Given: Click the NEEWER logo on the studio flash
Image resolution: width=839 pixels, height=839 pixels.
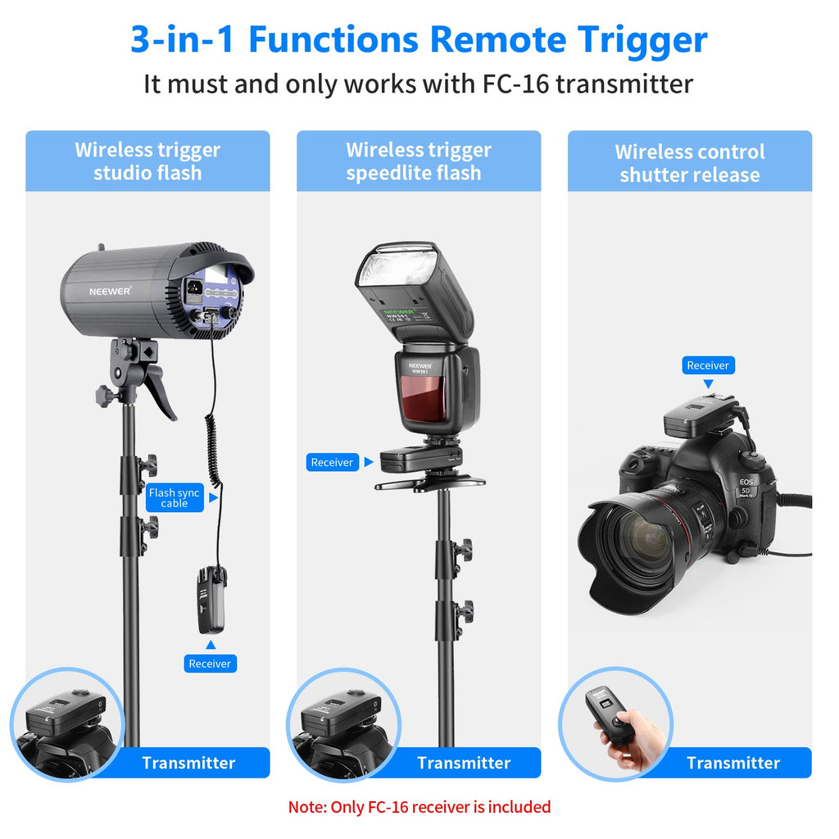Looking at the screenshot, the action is [x=111, y=291].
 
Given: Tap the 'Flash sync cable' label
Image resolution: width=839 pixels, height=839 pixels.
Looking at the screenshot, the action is [x=175, y=498].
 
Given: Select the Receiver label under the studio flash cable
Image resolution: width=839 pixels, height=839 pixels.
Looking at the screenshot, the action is [x=210, y=664].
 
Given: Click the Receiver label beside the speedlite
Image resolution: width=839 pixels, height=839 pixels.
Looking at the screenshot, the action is [x=332, y=462].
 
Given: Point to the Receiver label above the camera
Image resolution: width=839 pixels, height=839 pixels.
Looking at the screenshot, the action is [x=708, y=365].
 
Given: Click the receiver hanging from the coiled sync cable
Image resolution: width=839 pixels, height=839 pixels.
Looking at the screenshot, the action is [x=211, y=601].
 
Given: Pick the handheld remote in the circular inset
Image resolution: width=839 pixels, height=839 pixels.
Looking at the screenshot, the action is [x=610, y=716].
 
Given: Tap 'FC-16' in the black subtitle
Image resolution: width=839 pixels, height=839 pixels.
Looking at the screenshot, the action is [x=516, y=84].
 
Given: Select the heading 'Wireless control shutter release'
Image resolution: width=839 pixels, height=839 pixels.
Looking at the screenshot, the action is [x=690, y=163].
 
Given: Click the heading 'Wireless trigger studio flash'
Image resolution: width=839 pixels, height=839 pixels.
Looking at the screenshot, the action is [x=147, y=161].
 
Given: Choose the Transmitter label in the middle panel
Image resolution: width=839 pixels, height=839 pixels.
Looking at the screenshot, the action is [x=464, y=763].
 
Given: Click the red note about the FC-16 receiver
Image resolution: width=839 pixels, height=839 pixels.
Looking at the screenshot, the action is [x=419, y=807].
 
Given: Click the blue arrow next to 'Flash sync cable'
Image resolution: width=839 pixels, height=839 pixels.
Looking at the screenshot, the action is [x=214, y=498].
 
